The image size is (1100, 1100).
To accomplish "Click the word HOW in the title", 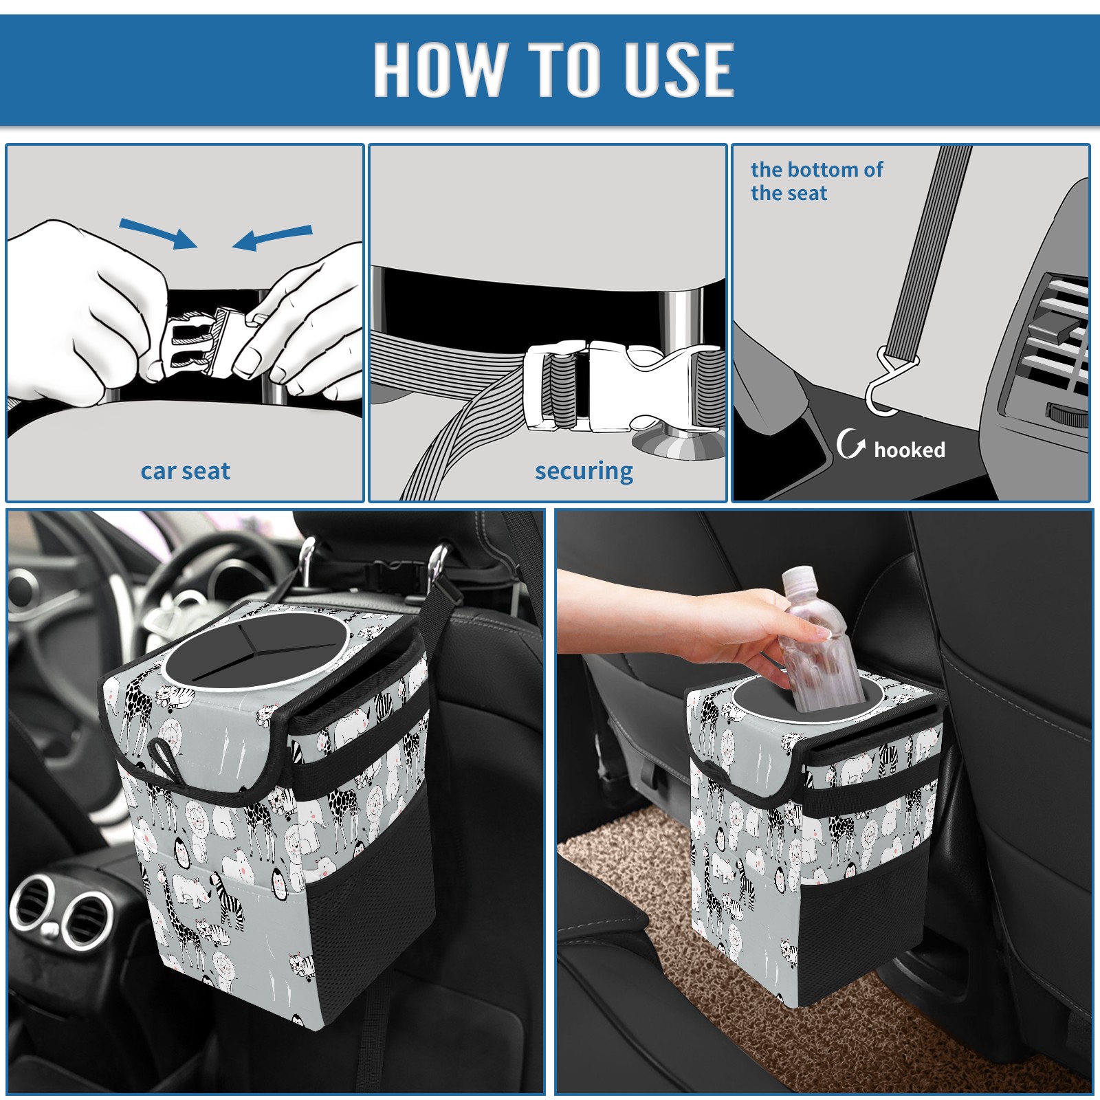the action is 439,69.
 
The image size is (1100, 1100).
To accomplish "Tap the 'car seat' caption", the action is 185,472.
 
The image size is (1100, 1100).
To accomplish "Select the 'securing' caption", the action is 584,472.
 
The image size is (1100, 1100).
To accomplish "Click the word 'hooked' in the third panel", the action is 910,450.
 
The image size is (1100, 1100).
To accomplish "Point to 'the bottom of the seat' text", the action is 816,181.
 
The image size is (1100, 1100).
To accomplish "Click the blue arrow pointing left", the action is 272,238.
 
